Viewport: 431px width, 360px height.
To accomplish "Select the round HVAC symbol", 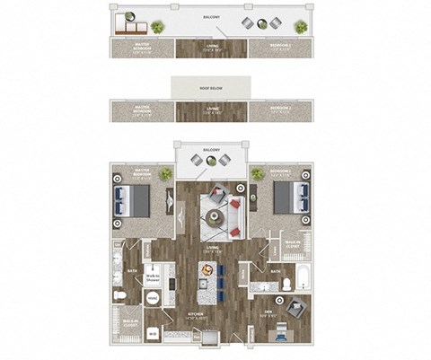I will [153, 298].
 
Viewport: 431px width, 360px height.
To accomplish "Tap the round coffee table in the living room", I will [215, 215].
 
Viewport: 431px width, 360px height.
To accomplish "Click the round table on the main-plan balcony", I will [209, 161].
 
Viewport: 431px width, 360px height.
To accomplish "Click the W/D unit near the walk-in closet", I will [152, 332].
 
